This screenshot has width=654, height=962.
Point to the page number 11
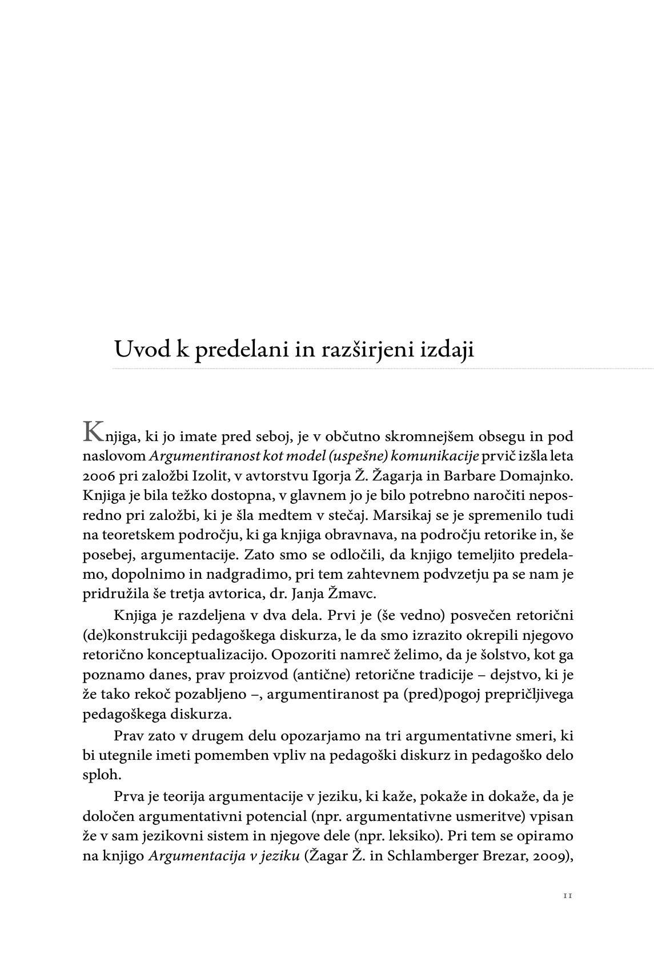click(x=567, y=896)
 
